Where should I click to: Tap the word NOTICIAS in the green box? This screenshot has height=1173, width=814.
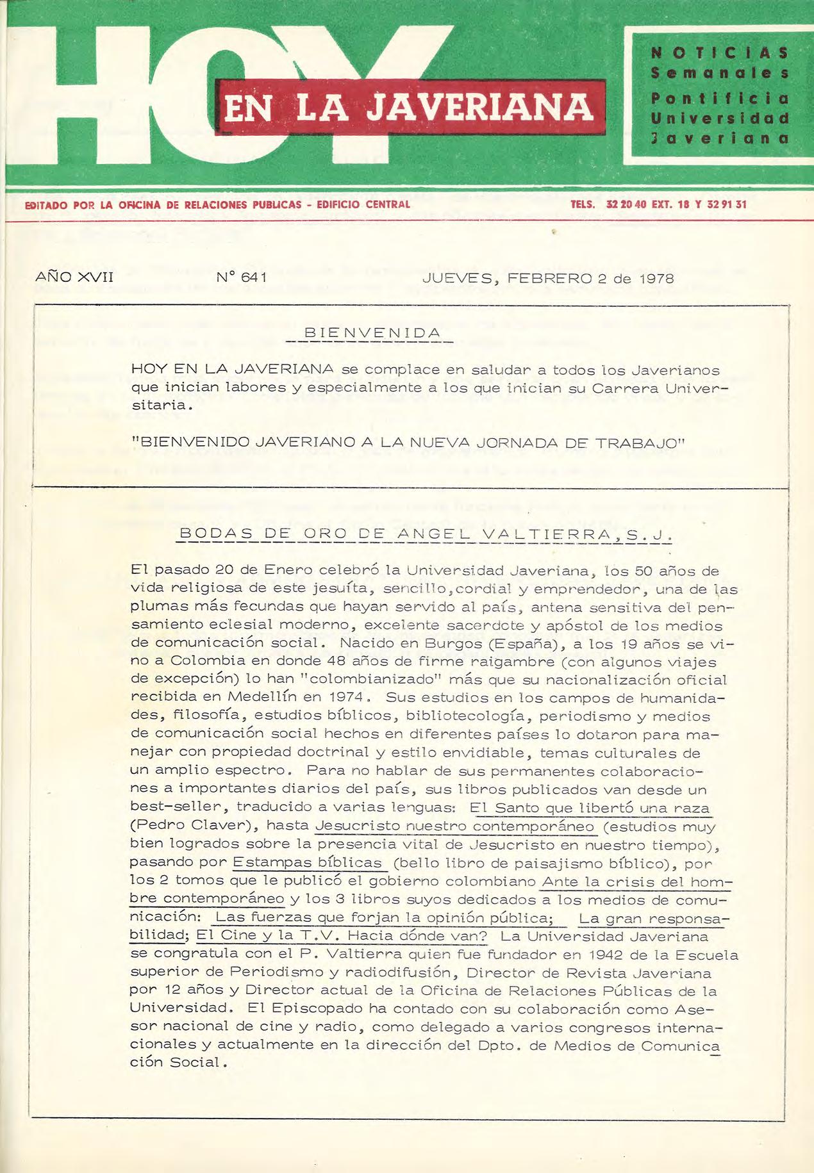(x=719, y=53)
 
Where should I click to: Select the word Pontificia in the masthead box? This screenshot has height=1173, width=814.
(x=719, y=99)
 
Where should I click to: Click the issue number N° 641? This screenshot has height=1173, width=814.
(x=242, y=278)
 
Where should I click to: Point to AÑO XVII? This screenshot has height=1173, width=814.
(x=74, y=277)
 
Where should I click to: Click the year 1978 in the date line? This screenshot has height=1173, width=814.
(x=656, y=279)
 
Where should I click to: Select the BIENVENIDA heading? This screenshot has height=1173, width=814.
(x=372, y=333)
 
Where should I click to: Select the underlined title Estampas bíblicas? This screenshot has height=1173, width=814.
(x=308, y=862)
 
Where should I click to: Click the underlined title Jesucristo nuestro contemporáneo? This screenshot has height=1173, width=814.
(x=455, y=826)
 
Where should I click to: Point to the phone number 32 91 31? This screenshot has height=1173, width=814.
(x=727, y=205)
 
